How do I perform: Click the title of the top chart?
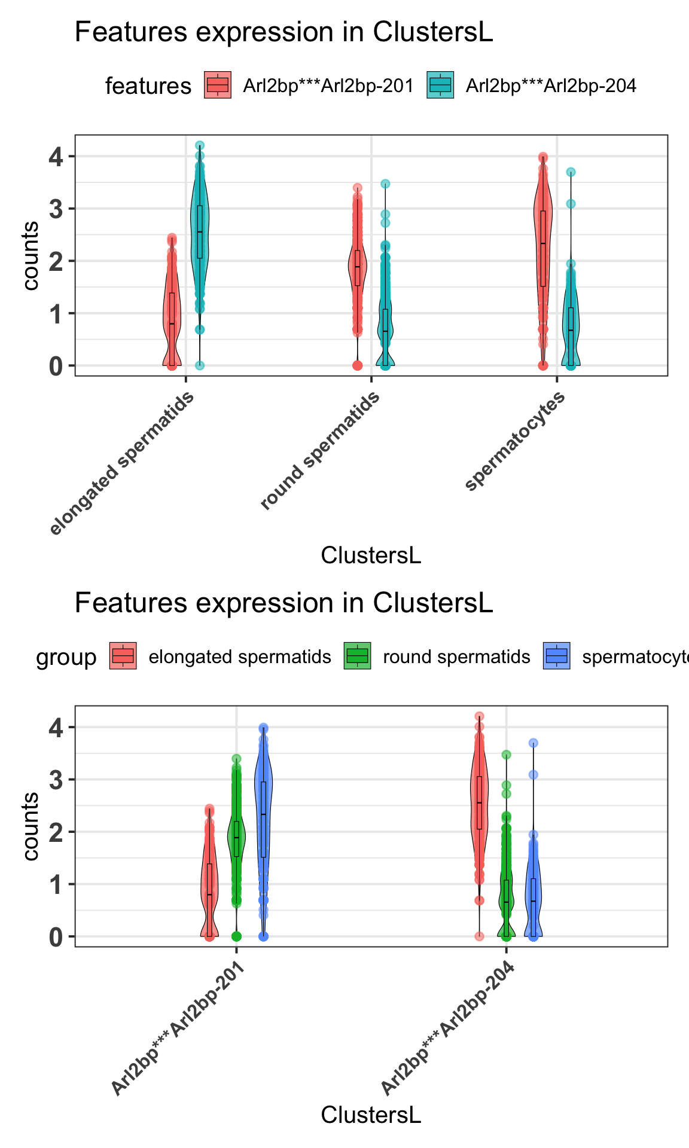283,32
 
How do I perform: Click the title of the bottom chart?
283,603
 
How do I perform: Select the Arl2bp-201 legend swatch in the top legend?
218,86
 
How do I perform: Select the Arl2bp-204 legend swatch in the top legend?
440,86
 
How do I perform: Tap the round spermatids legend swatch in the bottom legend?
358,657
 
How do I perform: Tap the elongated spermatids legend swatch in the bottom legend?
123,657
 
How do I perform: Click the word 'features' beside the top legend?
148,86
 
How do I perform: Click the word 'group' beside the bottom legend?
66,658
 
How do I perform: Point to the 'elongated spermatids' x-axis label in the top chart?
123,463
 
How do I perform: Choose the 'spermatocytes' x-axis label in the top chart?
515,441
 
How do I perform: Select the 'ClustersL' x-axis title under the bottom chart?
371,1115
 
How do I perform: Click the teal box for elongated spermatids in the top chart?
200,231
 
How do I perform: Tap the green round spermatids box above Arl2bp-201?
236,838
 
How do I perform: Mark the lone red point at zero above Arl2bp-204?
479,936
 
